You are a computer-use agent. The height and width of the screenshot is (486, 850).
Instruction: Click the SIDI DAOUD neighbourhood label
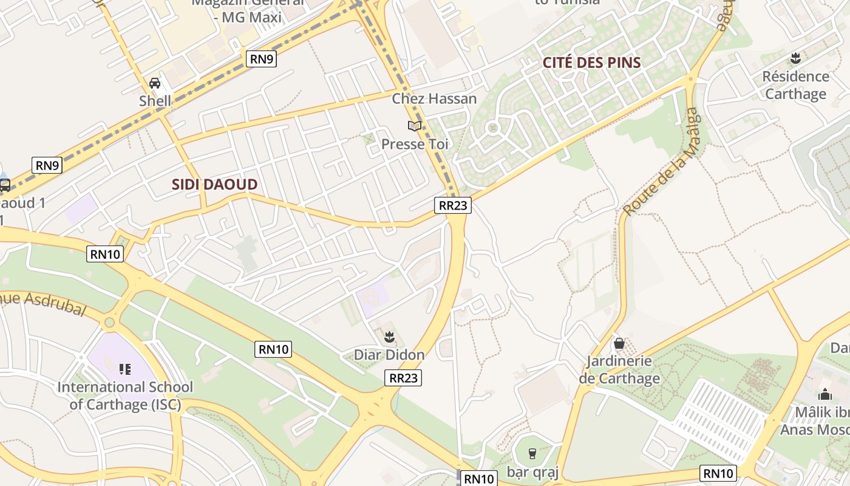pyautogui.click(x=214, y=185)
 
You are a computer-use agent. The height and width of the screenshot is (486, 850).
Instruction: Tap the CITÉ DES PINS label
pyautogui.click(x=591, y=63)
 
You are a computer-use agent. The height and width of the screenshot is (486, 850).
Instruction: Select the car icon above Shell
pyautogui.click(x=155, y=83)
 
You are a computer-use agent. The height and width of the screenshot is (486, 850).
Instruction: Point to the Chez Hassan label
pyautogui.click(x=434, y=98)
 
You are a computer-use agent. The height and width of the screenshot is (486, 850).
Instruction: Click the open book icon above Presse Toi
pyautogui.click(x=415, y=126)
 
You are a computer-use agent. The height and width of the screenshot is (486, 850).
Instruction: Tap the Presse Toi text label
pyautogui.click(x=415, y=145)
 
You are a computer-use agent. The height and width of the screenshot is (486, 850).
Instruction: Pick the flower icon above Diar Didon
pyautogui.click(x=389, y=336)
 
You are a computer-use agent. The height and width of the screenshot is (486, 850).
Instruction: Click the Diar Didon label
pyautogui.click(x=389, y=354)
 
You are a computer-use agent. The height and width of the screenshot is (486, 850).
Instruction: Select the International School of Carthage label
pyautogui.click(x=125, y=395)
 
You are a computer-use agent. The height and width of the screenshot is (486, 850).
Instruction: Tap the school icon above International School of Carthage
pyautogui.click(x=125, y=369)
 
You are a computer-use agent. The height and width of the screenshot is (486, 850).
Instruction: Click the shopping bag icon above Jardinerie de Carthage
pyautogui.click(x=619, y=343)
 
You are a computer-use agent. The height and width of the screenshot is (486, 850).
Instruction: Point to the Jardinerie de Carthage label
pyautogui.click(x=619, y=370)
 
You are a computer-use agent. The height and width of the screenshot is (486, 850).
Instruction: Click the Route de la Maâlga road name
pyautogui.click(x=662, y=162)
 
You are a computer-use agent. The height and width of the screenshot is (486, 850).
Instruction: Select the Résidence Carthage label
pyautogui.click(x=795, y=85)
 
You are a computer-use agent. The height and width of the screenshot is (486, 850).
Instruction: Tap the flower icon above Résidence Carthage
pyautogui.click(x=795, y=59)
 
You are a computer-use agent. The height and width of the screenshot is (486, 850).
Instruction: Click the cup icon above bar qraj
pyautogui.click(x=532, y=453)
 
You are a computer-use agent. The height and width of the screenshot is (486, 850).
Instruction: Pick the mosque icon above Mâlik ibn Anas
pyautogui.click(x=824, y=394)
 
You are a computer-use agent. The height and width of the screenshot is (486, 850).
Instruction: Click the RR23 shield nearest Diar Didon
pyautogui.click(x=403, y=378)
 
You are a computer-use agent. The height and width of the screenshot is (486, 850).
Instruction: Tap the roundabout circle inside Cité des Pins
pyautogui.click(x=492, y=128)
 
